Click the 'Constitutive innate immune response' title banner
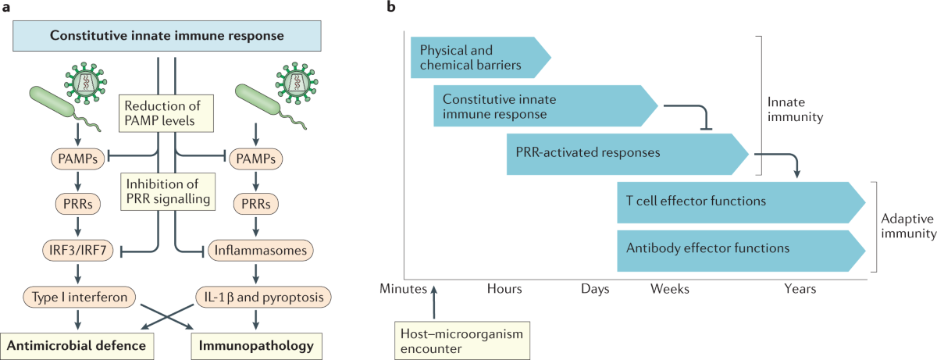(167, 35)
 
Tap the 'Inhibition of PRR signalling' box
(167, 190)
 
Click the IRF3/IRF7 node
(77, 251)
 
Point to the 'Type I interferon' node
(77, 297)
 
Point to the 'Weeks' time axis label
(670, 290)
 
